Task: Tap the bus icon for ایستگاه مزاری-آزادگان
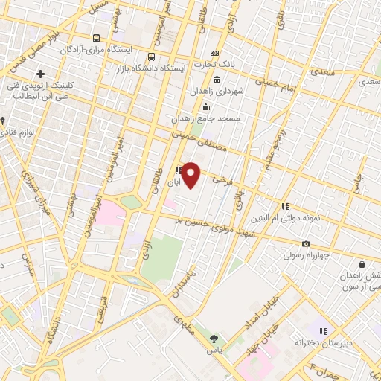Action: coord(96,38)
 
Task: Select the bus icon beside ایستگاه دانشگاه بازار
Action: coord(152,56)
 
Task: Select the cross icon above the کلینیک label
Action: coord(40,74)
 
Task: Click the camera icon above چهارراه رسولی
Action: coord(306,243)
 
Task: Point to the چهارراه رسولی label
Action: coord(306,255)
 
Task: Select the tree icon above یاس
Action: coord(215,336)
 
